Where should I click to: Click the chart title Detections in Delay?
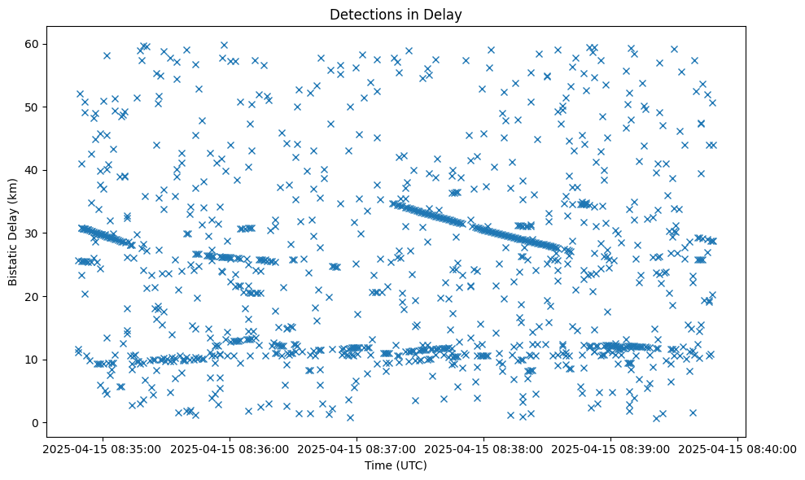coord(395,14)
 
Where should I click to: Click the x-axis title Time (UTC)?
coord(395,466)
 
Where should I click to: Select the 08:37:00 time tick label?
coord(354,448)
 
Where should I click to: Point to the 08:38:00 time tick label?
coord(482,448)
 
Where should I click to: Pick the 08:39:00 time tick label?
coord(610,448)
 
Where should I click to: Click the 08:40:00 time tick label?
coord(737,448)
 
